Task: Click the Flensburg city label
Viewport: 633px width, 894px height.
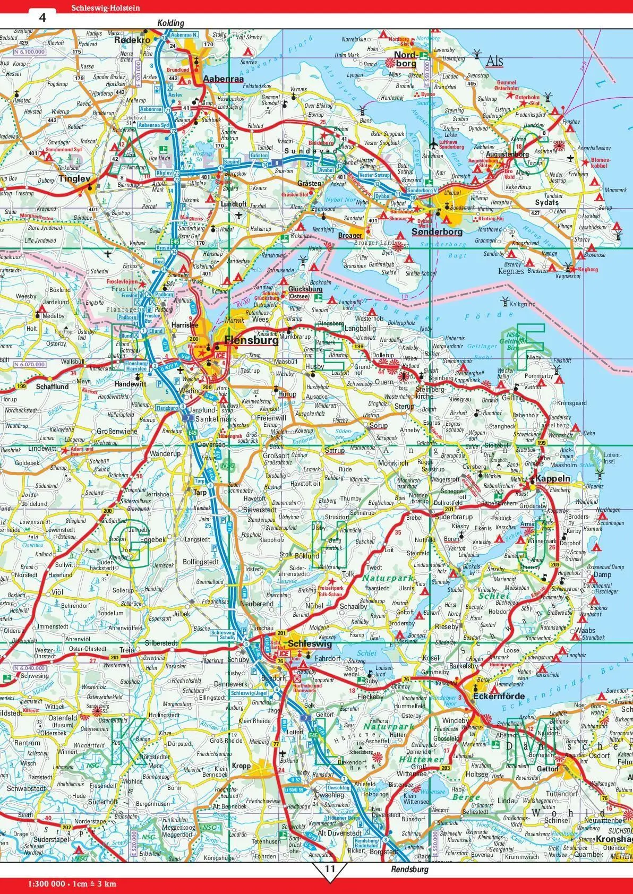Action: coord(251,341)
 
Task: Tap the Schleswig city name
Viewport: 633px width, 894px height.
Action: coord(310,644)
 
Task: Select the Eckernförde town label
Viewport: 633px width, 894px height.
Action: coord(499,696)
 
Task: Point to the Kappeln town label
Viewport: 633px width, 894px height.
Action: coord(553,478)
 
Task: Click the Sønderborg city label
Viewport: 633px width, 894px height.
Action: coord(437,231)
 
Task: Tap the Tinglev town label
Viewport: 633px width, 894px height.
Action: coord(74,179)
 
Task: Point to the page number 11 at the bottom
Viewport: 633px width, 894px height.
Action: coord(330,869)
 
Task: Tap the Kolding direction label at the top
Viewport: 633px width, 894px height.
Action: coord(170,23)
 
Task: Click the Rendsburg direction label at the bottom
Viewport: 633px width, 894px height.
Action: coord(409,870)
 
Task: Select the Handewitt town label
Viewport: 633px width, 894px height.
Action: coord(130,384)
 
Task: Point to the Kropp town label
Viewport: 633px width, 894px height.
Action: coord(241,766)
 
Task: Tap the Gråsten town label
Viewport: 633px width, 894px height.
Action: coord(309,183)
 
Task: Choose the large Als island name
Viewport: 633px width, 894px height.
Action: coord(494,62)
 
